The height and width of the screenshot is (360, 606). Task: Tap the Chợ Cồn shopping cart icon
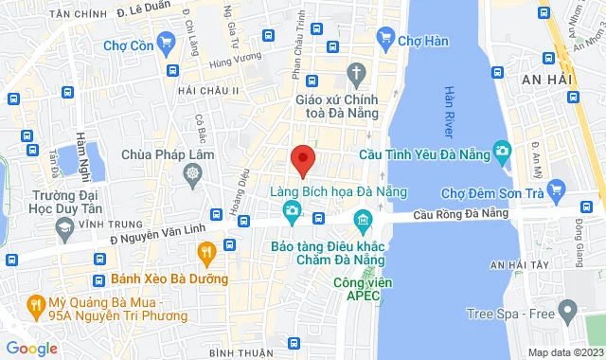(167, 41)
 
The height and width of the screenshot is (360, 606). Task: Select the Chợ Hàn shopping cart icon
(385, 39)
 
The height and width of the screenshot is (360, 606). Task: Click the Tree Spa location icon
(567, 310)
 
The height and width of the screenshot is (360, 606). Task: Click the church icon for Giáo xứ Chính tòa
(357, 73)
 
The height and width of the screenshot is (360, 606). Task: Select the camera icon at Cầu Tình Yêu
(502, 151)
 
